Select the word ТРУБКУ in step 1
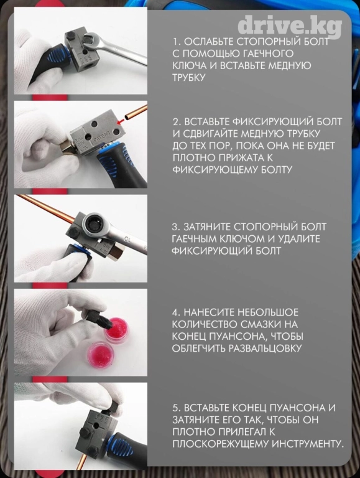188,77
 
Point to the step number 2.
177,122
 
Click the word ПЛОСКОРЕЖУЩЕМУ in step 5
220,444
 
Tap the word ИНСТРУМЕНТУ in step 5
307,444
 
